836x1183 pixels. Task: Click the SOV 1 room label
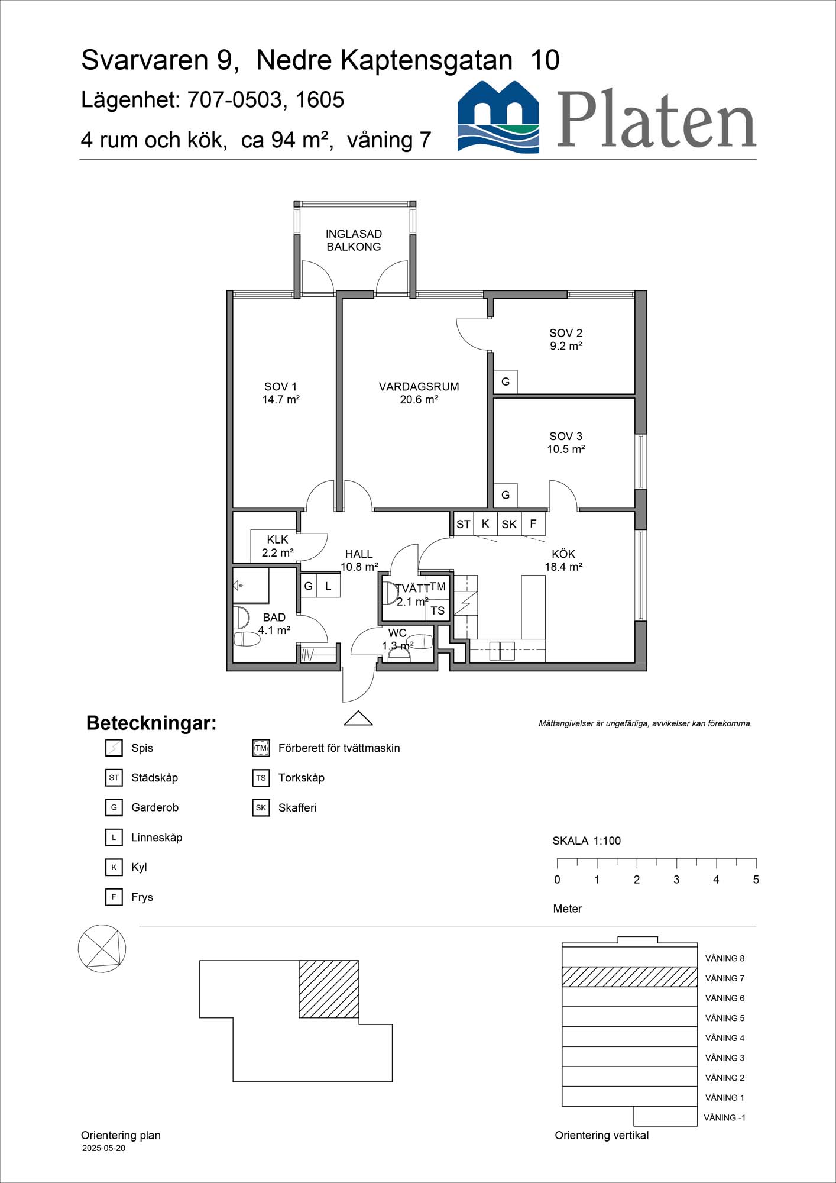coord(280,393)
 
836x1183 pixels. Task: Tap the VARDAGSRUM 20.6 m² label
coord(419,393)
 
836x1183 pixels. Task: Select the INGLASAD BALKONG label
coord(354,240)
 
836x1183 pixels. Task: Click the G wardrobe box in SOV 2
coord(506,382)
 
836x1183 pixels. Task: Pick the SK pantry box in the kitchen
coord(509,524)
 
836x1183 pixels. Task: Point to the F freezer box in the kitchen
coord(533,523)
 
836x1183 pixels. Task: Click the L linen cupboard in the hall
coord(328,586)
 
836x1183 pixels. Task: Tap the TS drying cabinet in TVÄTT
coord(438,610)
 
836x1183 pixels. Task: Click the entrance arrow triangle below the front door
coord(358,718)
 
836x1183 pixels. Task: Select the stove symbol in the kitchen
coord(465,603)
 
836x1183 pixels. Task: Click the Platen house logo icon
coord(498,117)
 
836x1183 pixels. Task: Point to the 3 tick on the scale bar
coord(676,862)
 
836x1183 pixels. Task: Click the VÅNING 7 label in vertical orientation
coord(724,978)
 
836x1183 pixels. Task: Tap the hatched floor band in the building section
coord(629,977)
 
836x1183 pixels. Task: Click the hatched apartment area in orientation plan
coord(329,989)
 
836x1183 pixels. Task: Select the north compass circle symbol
coord(102,948)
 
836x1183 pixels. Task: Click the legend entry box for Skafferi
coord(261,807)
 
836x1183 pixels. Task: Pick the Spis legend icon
coord(114,748)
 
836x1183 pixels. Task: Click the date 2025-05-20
coord(103,1148)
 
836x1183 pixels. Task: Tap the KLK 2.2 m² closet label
coord(277,546)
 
